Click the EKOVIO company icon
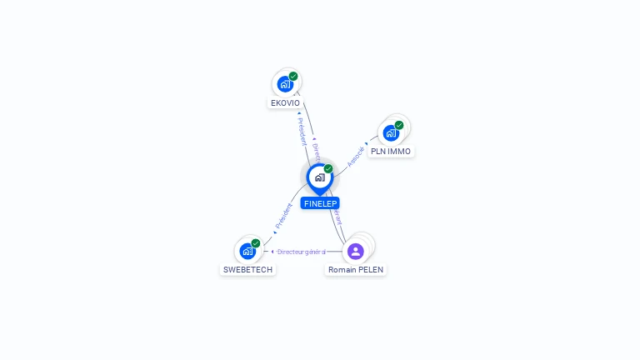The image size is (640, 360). coord(285,84)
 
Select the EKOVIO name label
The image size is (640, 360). coord(285,103)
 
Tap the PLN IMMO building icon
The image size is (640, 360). coord(390,133)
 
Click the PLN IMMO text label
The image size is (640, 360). coord(391,152)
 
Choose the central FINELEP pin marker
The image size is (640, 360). coord(319,177)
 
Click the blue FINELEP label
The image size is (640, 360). coord(320,203)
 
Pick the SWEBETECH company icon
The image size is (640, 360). coord(247,251)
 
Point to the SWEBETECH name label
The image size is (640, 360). coord(247,270)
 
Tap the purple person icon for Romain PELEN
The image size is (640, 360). coord(356,251)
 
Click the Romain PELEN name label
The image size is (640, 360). coord(356,270)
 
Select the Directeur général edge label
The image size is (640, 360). coord(302,252)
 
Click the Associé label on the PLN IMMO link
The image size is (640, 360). coord(356,156)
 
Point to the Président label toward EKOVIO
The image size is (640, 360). coord(302,131)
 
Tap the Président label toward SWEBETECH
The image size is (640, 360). coord(284,217)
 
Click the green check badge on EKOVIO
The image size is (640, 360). coord(293,76)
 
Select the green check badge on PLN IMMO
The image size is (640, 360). coord(399,125)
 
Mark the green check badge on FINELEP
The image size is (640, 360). coord(328,168)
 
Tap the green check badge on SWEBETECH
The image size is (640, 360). coord(256,243)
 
